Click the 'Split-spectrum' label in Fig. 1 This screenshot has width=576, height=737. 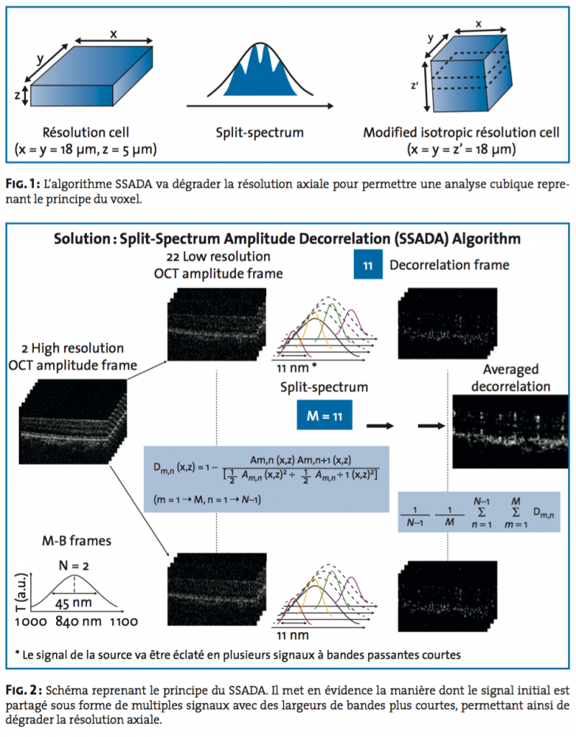point(260,133)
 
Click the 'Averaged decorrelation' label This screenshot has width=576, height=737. point(511,378)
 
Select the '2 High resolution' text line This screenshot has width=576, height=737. point(72,349)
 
